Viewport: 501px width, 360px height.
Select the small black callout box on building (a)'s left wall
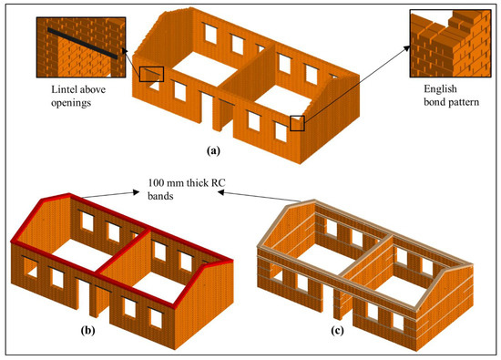tap(150, 74)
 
